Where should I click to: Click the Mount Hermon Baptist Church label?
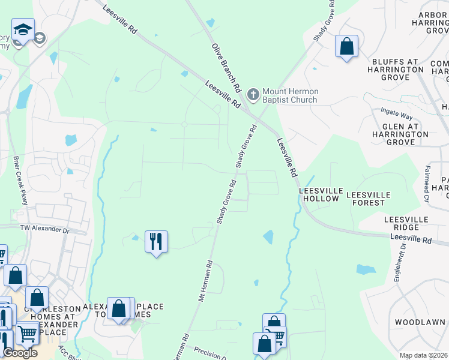[x=290, y=95]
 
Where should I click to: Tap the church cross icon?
[x=253, y=94]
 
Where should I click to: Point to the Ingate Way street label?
[x=397, y=113]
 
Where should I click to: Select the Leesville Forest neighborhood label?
[x=369, y=199]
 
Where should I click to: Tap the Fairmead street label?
[x=427, y=184]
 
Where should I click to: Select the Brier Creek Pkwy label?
[x=20, y=181]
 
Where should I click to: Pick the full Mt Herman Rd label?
[x=205, y=280]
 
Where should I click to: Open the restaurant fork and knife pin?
[x=156, y=242]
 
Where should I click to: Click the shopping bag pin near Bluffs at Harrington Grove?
[x=346, y=46]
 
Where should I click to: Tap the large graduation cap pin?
[x=23, y=29]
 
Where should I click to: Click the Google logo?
[x=20, y=353]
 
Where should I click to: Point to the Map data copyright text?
[x=424, y=355]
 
